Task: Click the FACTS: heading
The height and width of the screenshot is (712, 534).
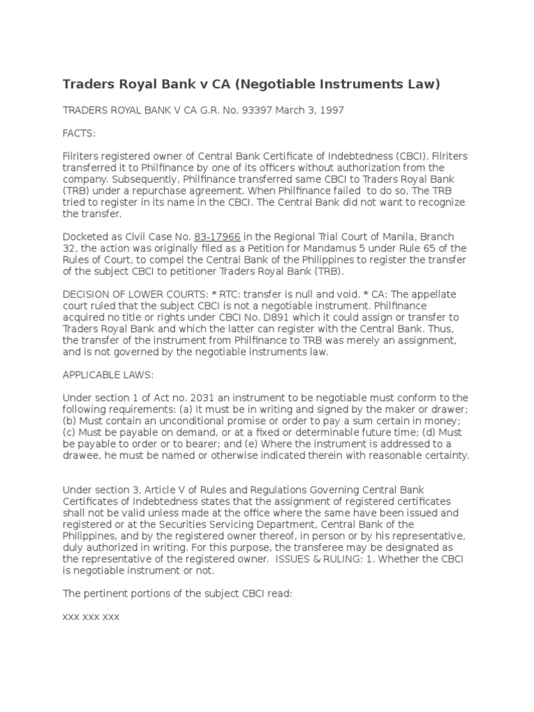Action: coord(79,132)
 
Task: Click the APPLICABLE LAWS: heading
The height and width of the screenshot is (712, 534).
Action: coord(108,374)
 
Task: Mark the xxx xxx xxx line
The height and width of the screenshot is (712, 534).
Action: coord(91,616)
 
